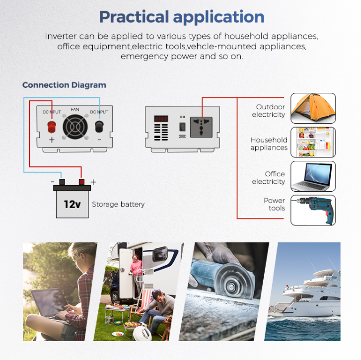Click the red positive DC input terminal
pyautogui.click(x=52, y=127)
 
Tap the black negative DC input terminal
pyautogui.click(x=99, y=126)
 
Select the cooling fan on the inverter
pyautogui.click(x=75, y=127)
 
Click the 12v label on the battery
pyautogui.click(x=72, y=204)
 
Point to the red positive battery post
pyautogui.click(x=81, y=182)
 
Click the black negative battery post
pyautogui.click(x=62, y=182)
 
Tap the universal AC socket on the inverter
pyautogui.click(x=201, y=127)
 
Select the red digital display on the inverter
pyautogui.click(x=161, y=119)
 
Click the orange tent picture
pyautogui.click(x=313, y=108)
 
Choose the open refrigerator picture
pyautogui.click(x=313, y=142)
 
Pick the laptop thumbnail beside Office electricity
pyautogui.click(x=313, y=176)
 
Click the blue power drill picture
pyautogui.click(x=313, y=210)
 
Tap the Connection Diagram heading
pyautogui.click(x=64, y=85)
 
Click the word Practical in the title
pyautogui.click(x=134, y=17)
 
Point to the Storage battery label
pyautogui.click(x=118, y=204)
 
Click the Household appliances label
pyautogui.click(x=269, y=144)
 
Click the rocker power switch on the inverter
pyautogui.click(x=182, y=127)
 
